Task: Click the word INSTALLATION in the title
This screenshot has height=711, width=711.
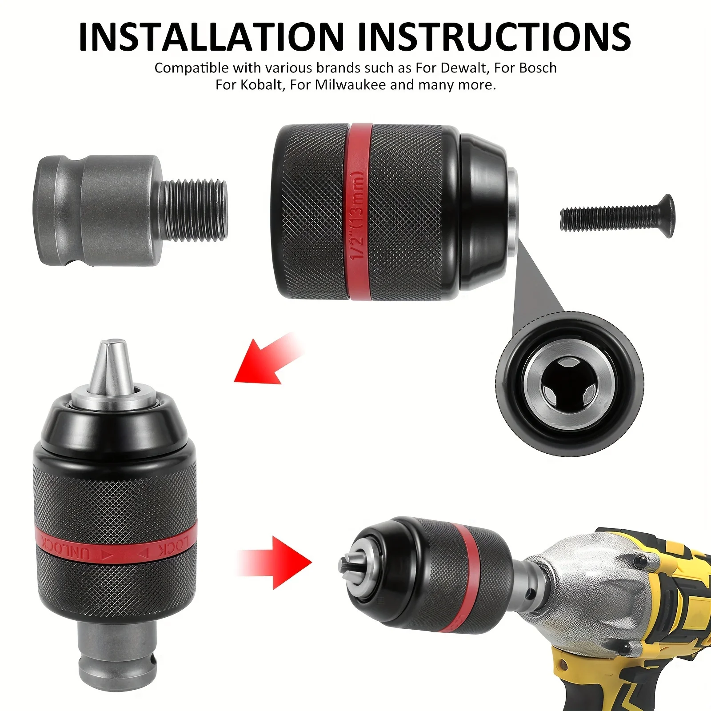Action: (211, 36)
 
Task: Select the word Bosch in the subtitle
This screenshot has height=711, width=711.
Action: (538, 68)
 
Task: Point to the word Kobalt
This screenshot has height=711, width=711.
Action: (262, 85)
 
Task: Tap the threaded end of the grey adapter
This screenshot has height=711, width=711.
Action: (196, 211)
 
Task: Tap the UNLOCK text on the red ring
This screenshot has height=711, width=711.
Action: (67, 548)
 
